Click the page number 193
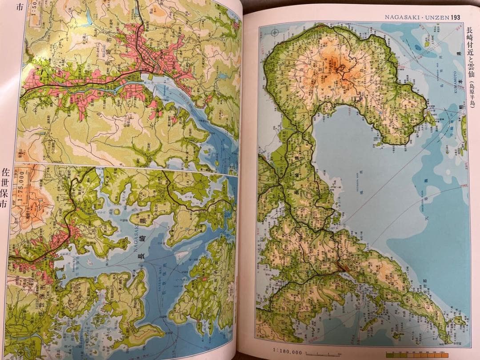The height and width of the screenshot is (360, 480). click(x=454, y=17)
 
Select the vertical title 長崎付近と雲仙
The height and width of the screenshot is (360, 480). click(x=470, y=54)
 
